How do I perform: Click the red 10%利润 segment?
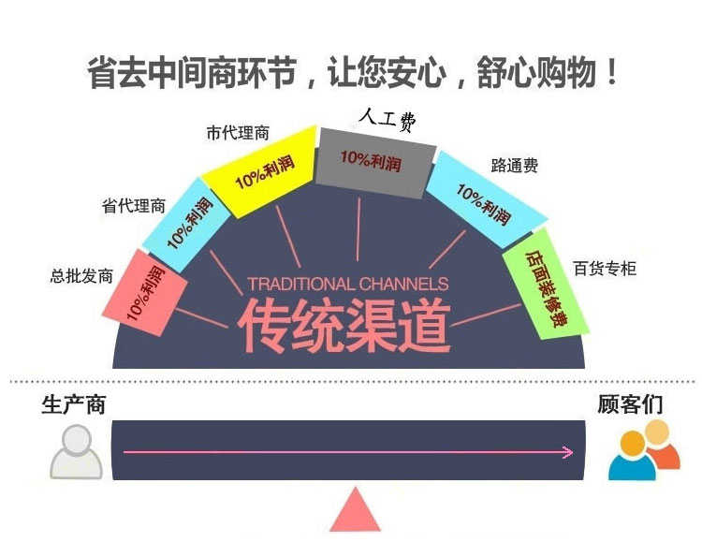click(143, 291)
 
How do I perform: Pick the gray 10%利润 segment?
click(373, 162)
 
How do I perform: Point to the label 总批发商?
click(81, 276)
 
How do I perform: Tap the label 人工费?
click(387, 119)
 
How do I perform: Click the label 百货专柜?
click(605, 269)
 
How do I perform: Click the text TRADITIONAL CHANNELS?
click(348, 284)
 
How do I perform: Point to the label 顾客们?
click(630, 404)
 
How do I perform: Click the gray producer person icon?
click(76, 453)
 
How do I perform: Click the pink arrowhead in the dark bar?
click(567, 452)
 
